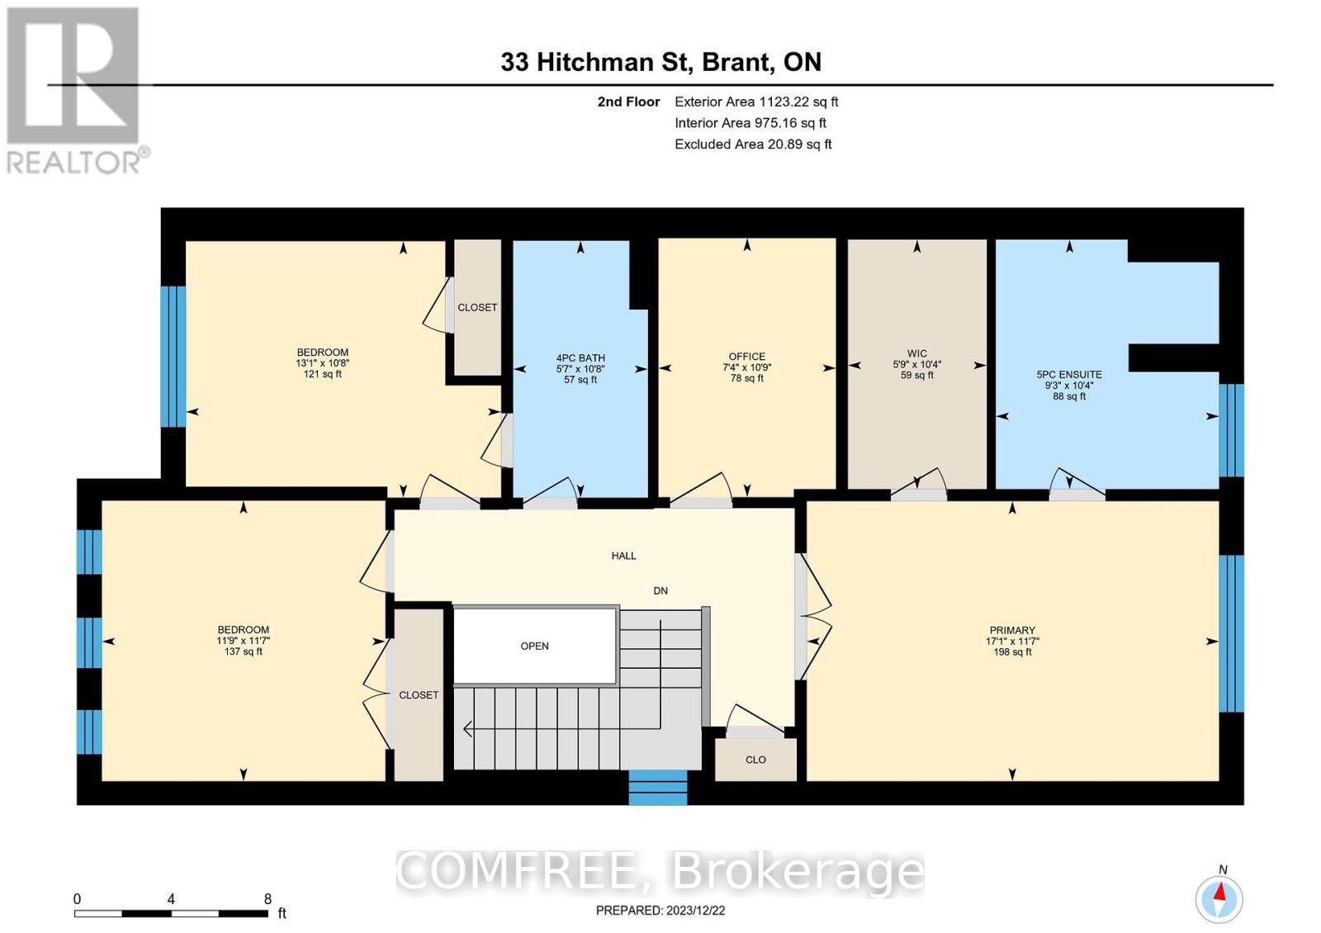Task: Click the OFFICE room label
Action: (x=746, y=357)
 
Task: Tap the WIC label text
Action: (x=916, y=353)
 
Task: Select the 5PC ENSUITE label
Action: (x=1069, y=374)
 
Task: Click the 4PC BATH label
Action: (x=580, y=358)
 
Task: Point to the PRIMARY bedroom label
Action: (x=1012, y=630)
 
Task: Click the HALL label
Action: (x=623, y=556)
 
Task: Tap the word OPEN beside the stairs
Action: (x=534, y=646)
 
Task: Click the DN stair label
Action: (x=660, y=590)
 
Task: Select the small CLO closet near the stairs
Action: (x=755, y=760)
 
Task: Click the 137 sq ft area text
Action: (x=243, y=651)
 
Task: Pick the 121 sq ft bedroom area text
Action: (x=322, y=374)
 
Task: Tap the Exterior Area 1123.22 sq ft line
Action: (x=755, y=102)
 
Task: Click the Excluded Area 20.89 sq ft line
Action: (x=752, y=144)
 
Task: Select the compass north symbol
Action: (x=1219, y=897)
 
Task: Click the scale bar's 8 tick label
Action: (x=268, y=899)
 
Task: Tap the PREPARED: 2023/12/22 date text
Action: (x=660, y=910)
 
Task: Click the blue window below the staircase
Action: (x=657, y=788)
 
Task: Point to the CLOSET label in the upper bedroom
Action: (x=477, y=307)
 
